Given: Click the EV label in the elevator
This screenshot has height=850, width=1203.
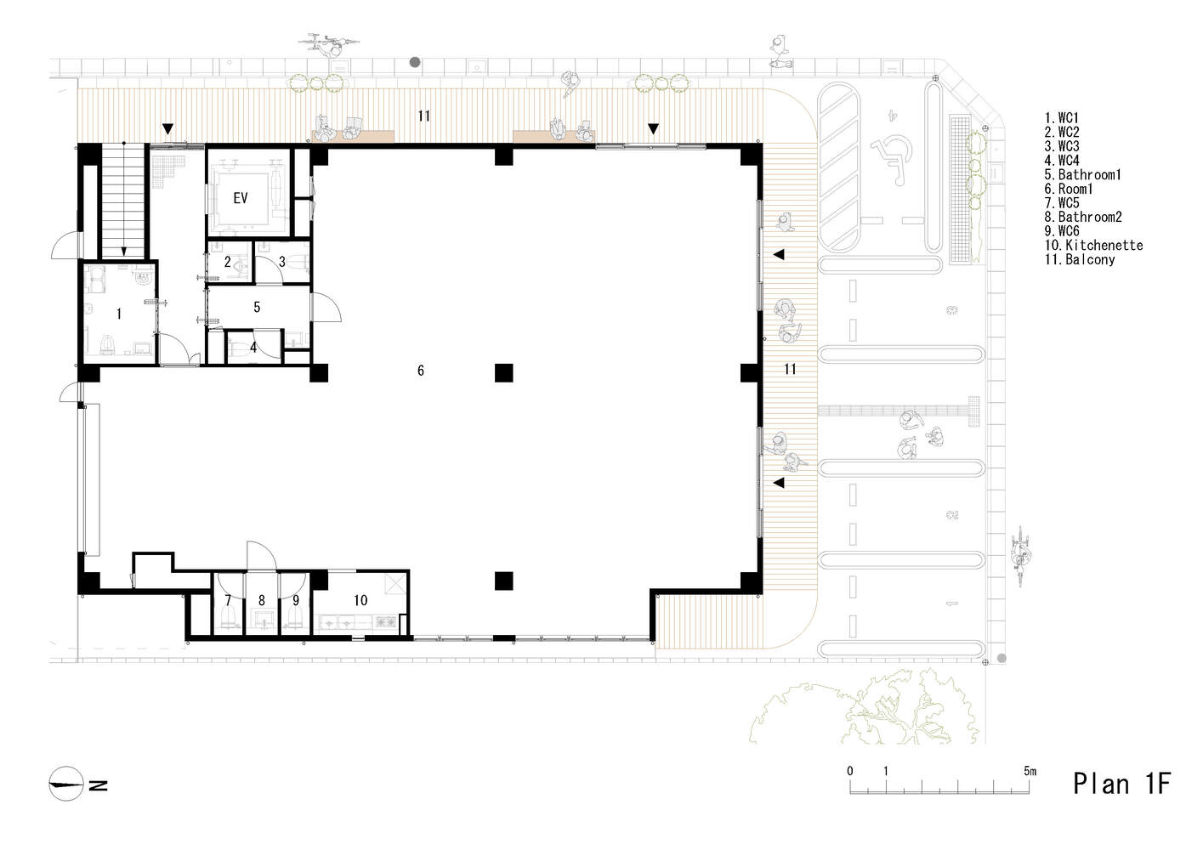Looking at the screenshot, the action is (241, 198).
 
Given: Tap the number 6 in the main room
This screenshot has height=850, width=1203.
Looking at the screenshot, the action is (421, 370).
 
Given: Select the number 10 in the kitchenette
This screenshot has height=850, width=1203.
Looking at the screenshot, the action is (360, 600).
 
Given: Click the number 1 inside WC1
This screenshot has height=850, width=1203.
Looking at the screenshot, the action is (119, 314).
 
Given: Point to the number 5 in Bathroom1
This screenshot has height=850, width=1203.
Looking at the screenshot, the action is (257, 307).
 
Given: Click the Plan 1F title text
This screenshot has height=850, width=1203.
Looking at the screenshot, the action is (1121, 784).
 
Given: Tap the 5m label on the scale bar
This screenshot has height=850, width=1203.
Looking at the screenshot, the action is (1030, 771).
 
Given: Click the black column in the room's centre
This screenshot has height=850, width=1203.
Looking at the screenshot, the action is (504, 372).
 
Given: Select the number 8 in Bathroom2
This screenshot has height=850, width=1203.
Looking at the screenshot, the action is (262, 600).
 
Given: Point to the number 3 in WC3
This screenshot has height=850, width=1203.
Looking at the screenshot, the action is (282, 262).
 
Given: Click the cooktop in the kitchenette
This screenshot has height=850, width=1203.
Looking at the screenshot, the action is (386, 622).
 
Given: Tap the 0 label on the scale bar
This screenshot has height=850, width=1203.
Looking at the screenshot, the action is (849, 771).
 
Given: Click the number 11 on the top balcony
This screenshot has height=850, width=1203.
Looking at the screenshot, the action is (423, 116).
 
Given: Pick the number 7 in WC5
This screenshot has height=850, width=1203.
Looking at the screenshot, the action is (228, 600).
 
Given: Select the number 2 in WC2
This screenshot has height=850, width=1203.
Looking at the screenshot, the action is (227, 262).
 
